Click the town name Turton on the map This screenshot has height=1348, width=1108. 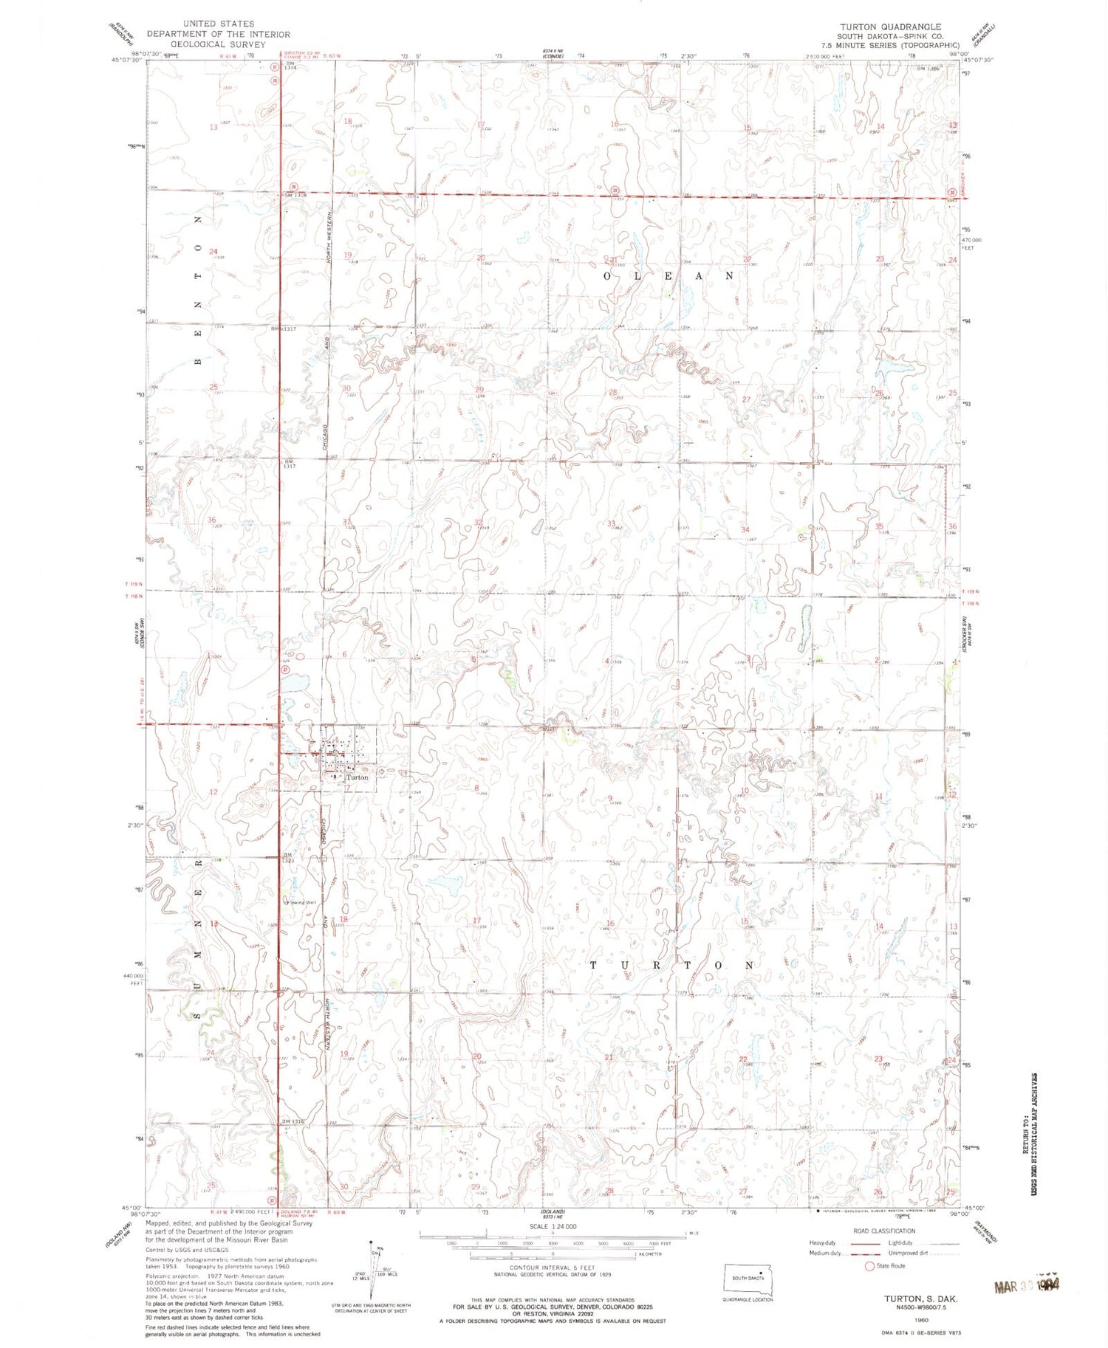click(x=358, y=777)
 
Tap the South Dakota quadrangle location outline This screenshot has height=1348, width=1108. click(x=748, y=1277)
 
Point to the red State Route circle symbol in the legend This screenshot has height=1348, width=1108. click(x=872, y=1266)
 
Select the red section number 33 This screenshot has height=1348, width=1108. click(x=611, y=523)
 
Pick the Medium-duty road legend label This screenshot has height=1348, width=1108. click(x=825, y=1253)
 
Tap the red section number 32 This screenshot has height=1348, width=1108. click(x=478, y=523)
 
